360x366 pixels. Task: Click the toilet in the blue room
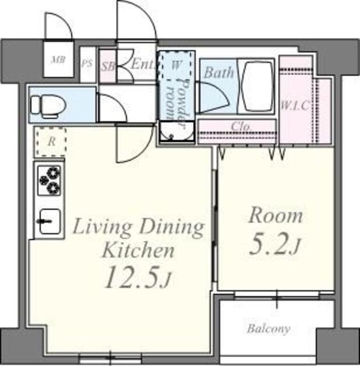tap(49, 106)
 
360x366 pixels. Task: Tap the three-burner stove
tap(50, 180)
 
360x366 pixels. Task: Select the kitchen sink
tap(50, 221)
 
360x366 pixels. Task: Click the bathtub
tap(255, 86)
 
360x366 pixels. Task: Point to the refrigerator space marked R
tap(51, 142)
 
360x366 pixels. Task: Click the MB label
tap(58, 60)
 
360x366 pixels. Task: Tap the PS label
tap(87, 63)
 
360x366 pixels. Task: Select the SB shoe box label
tap(108, 67)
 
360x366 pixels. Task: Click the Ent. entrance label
tap(143, 63)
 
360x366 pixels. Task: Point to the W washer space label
tap(176, 65)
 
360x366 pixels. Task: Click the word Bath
tap(219, 72)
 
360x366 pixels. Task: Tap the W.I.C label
tap(295, 105)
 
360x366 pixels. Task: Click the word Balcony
tap(269, 329)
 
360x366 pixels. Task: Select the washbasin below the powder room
tap(177, 132)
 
